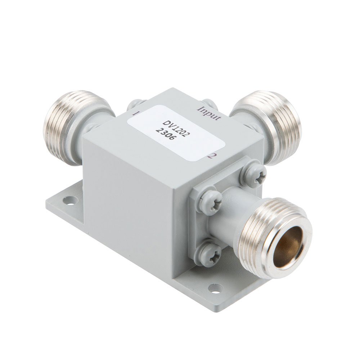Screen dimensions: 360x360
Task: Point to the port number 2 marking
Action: point(213,156)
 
